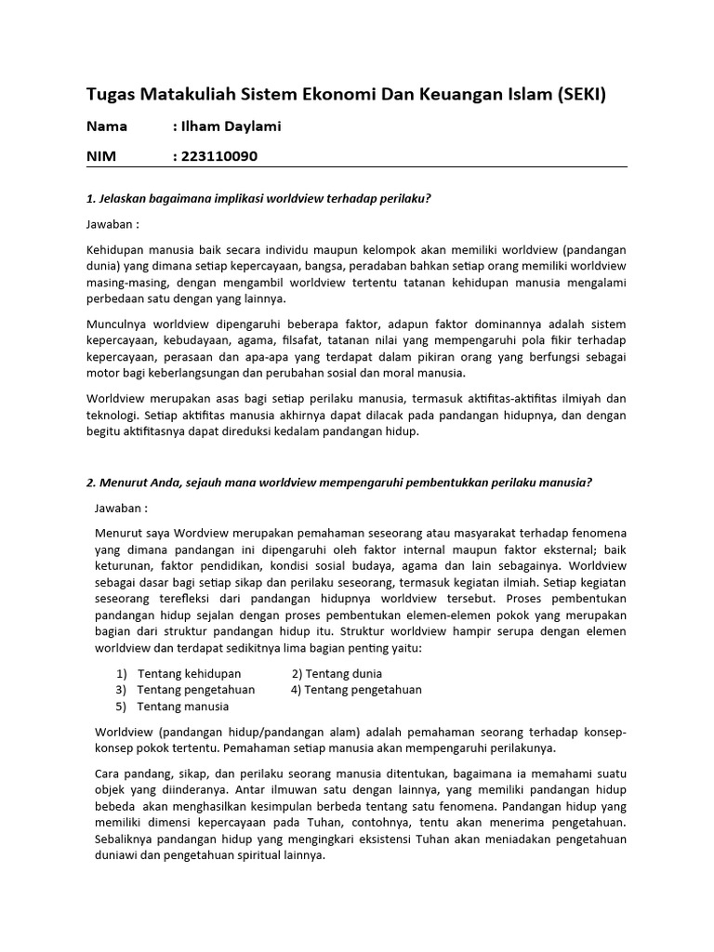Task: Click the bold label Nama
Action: point(107,126)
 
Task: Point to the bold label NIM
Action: point(101,156)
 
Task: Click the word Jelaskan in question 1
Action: point(123,198)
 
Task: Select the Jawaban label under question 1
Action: point(112,224)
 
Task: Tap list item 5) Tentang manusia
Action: point(173,707)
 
